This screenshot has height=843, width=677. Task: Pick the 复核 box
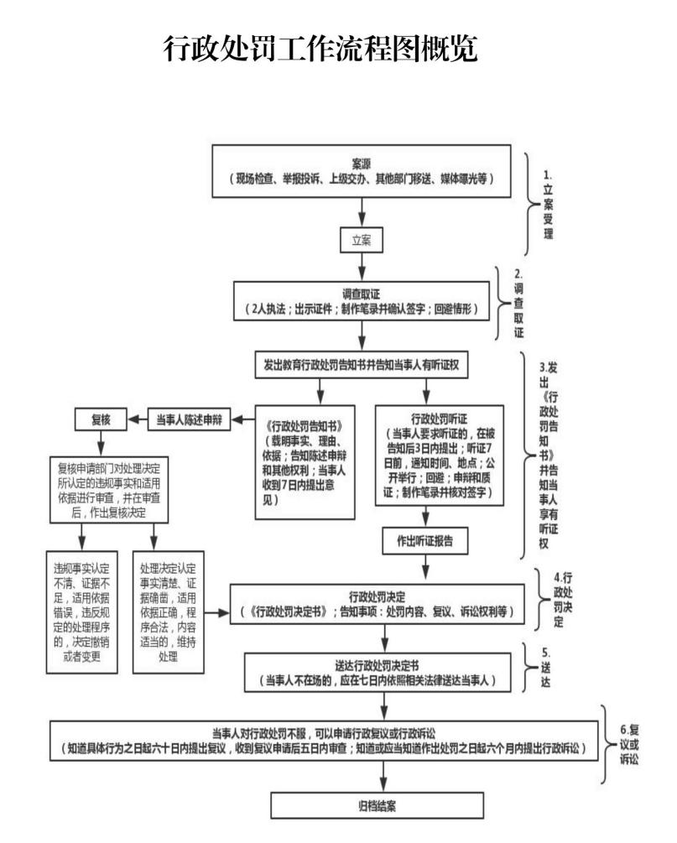click(x=101, y=417)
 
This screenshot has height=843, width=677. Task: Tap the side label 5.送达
click(x=548, y=667)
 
